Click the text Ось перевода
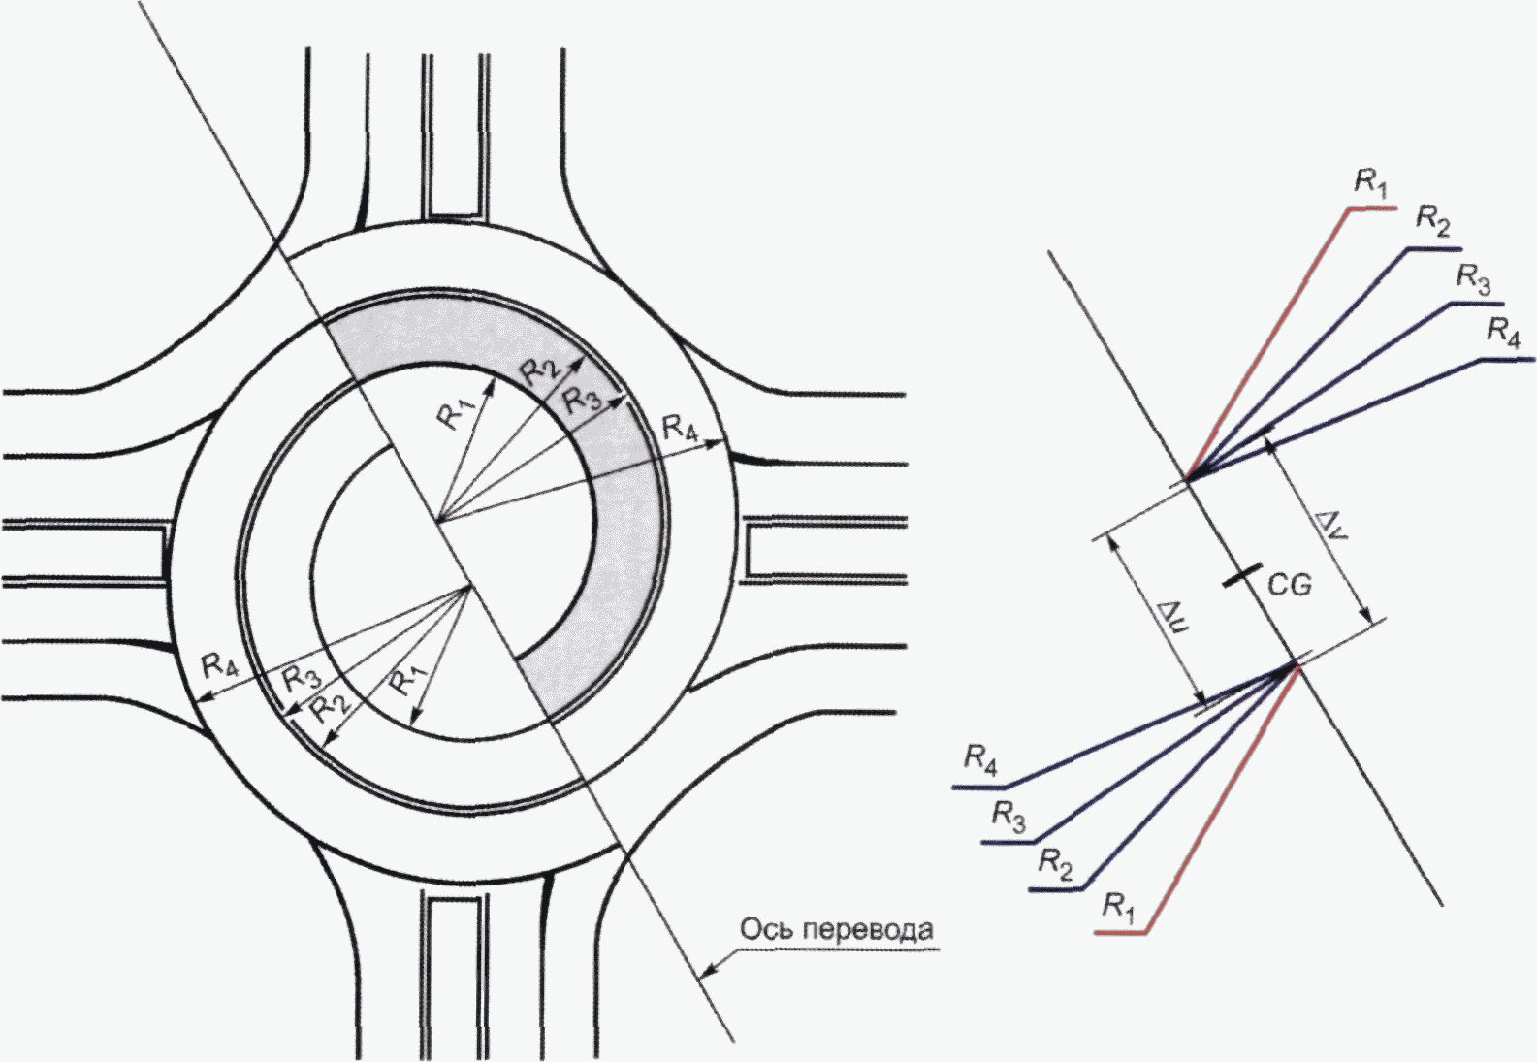point(837,931)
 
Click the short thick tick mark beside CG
point(1242,575)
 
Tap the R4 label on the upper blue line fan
point(1503,334)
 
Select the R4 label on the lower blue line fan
point(980,759)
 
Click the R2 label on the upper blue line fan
point(1433,223)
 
